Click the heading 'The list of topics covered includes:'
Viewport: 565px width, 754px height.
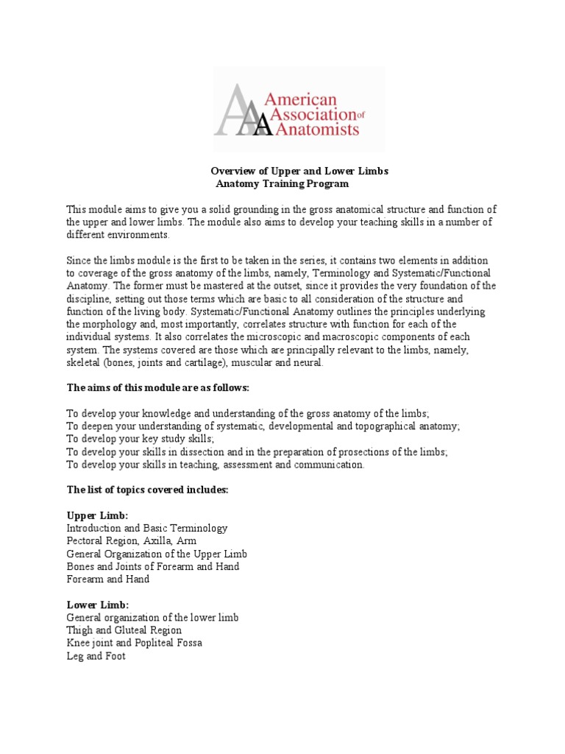click(x=147, y=490)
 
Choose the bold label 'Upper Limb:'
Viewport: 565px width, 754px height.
click(x=97, y=515)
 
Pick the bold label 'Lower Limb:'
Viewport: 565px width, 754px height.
click(x=98, y=605)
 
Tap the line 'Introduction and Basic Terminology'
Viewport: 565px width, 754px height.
click(x=147, y=528)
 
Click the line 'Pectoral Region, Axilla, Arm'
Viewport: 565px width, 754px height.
click(x=132, y=540)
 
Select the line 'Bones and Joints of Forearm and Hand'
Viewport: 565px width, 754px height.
click(x=152, y=566)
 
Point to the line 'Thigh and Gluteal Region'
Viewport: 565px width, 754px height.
click(x=124, y=630)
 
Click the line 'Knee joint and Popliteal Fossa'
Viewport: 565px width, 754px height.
click(x=134, y=643)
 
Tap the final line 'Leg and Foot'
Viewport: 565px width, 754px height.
click(x=96, y=656)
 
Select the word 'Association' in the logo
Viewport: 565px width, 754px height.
click(x=313, y=114)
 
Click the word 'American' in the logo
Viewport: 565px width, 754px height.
click(x=310, y=99)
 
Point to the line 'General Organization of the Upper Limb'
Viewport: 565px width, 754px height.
click(x=157, y=554)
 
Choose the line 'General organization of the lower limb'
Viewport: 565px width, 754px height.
click(x=152, y=618)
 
